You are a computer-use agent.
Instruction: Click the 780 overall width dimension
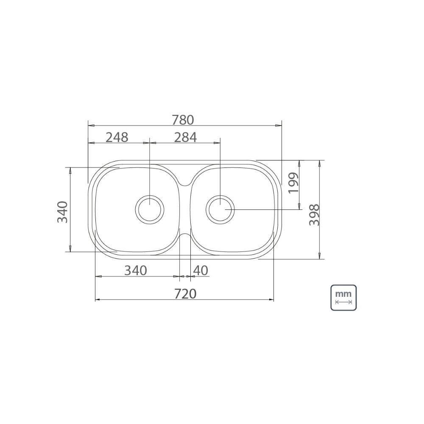(x=183, y=120)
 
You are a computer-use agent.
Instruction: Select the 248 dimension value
(x=117, y=137)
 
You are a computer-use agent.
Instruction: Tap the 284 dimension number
(x=185, y=137)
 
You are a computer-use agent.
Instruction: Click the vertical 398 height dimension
(x=314, y=215)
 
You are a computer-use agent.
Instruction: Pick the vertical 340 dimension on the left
(x=62, y=212)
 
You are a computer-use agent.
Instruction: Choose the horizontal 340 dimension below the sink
(x=136, y=271)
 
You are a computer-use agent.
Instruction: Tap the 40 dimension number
(x=201, y=271)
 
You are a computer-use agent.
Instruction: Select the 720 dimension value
(x=185, y=294)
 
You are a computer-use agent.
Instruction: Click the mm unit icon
(x=343, y=298)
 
